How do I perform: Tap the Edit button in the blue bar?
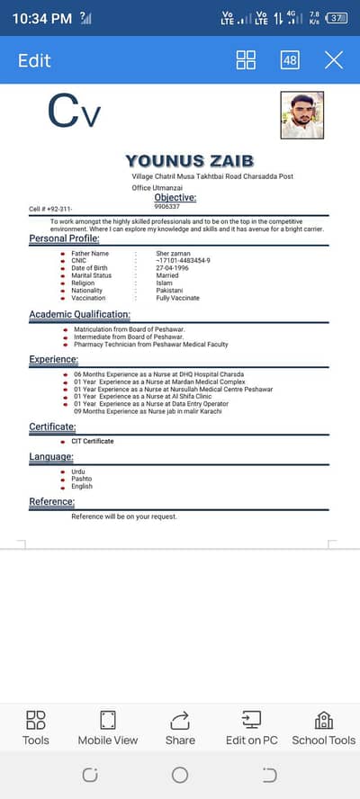(x=34, y=60)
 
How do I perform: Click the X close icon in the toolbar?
(x=334, y=60)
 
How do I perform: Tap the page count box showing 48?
(x=290, y=60)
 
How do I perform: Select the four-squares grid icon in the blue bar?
(x=246, y=60)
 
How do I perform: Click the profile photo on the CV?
(x=302, y=115)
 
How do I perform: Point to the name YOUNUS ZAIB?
(x=190, y=161)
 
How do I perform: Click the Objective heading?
(x=175, y=197)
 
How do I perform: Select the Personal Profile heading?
(x=64, y=238)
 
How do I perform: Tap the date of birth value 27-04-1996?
(x=172, y=268)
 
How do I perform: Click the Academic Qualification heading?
(x=79, y=315)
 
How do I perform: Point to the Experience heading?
(x=53, y=360)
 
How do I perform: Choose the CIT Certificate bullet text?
(x=93, y=441)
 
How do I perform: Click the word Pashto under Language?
(x=82, y=479)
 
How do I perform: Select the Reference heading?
(x=51, y=501)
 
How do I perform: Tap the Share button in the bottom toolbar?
(x=180, y=727)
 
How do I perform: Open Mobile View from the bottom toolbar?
(x=108, y=727)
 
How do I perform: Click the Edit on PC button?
(x=251, y=727)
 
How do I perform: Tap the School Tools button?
(x=323, y=727)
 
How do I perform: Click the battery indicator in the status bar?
(x=337, y=17)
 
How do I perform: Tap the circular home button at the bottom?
(x=180, y=775)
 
